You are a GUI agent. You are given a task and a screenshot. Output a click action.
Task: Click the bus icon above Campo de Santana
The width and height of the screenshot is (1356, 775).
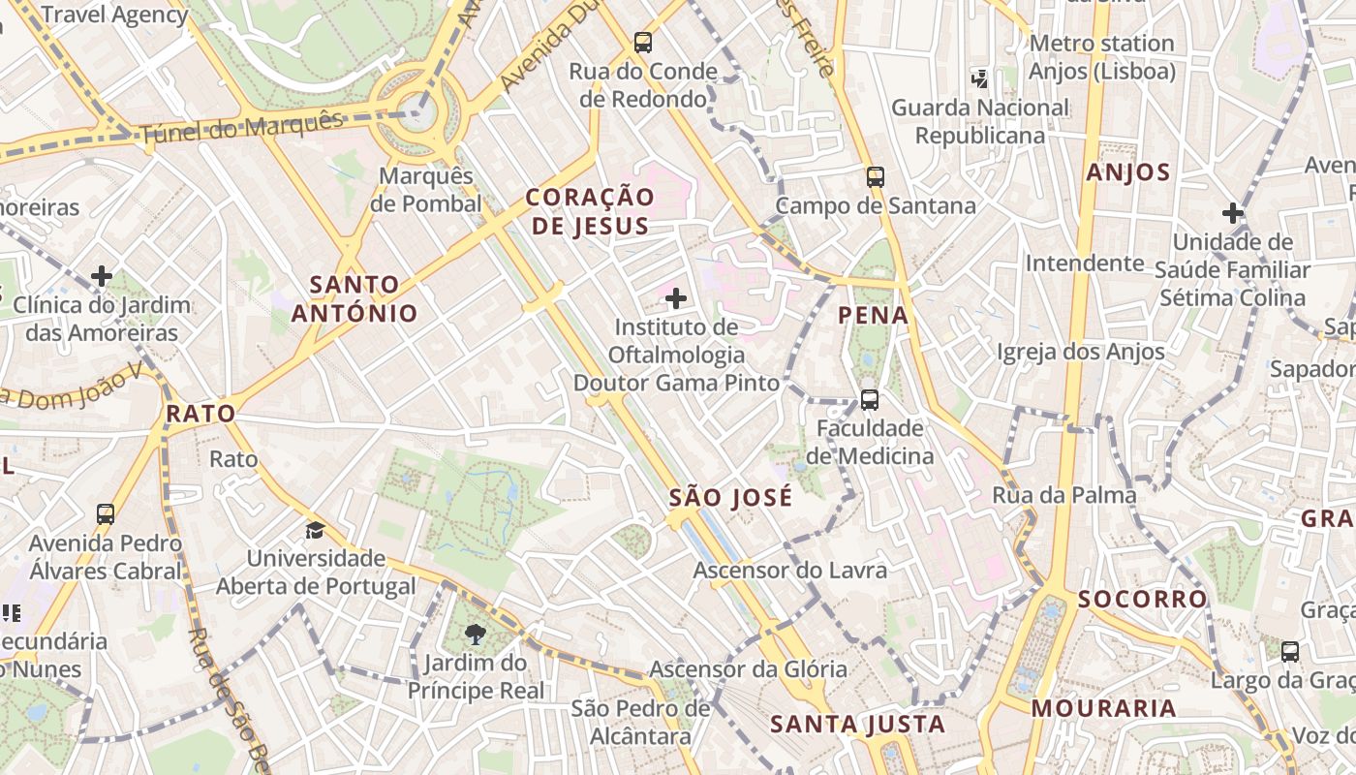[x=876, y=176]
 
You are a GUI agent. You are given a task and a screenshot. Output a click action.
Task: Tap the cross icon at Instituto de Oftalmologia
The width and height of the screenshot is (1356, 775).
[x=676, y=298]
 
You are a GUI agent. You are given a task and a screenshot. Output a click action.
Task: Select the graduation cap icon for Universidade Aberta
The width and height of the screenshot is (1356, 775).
[x=315, y=530]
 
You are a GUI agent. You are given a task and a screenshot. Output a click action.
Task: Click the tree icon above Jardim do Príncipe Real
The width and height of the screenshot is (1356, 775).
[x=475, y=635]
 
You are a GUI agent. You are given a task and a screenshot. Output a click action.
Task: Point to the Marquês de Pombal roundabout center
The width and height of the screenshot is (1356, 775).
[x=416, y=112]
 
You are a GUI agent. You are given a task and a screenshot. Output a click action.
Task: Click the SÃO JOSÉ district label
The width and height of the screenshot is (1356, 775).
[x=730, y=498]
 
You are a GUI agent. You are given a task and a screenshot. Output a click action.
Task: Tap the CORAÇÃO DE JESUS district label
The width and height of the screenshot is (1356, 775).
[x=590, y=211]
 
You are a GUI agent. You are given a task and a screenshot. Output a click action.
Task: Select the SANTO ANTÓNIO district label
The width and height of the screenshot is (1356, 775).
[x=354, y=298]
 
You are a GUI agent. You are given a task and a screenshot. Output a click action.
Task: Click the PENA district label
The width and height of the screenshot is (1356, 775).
[x=873, y=315]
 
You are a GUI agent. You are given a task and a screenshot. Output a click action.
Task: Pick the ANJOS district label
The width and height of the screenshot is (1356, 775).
[x=1128, y=172]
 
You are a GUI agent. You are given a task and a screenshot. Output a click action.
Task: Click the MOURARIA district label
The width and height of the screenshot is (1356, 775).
[x=1103, y=708]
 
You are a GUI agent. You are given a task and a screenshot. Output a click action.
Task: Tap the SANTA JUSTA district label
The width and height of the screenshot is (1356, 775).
[x=857, y=724]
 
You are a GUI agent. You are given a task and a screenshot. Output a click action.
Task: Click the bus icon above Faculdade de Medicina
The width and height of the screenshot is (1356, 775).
[x=870, y=399]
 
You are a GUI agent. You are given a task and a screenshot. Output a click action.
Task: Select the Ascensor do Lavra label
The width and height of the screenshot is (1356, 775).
[x=789, y=571]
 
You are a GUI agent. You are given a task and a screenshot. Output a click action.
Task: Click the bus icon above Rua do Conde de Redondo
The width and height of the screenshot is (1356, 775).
[x=643, y=42]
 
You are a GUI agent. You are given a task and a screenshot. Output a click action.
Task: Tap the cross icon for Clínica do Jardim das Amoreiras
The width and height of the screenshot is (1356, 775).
[x=102, y=277]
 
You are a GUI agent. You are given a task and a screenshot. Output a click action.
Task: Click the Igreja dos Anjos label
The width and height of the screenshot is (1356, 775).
[x=1080, y=352]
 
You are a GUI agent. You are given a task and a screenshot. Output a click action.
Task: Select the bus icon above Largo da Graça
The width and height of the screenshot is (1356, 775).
[x=1290, y=651]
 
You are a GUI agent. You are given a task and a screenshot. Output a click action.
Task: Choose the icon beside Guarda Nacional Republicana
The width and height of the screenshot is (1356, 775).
[x=980, y=77]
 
